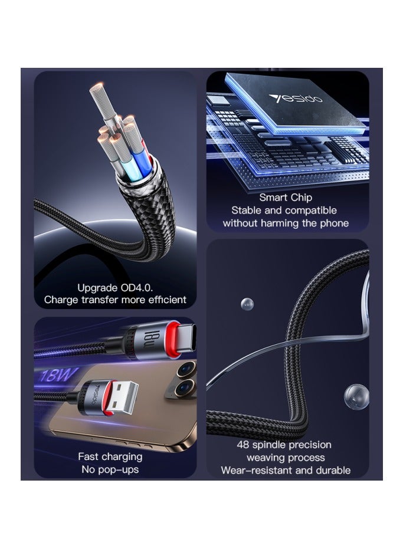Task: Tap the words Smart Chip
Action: click(286, 198)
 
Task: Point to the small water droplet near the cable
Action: click(247, 304)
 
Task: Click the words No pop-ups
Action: click(110, 469)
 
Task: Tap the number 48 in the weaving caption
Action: click(244, 445)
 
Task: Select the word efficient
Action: click(162, 300)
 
